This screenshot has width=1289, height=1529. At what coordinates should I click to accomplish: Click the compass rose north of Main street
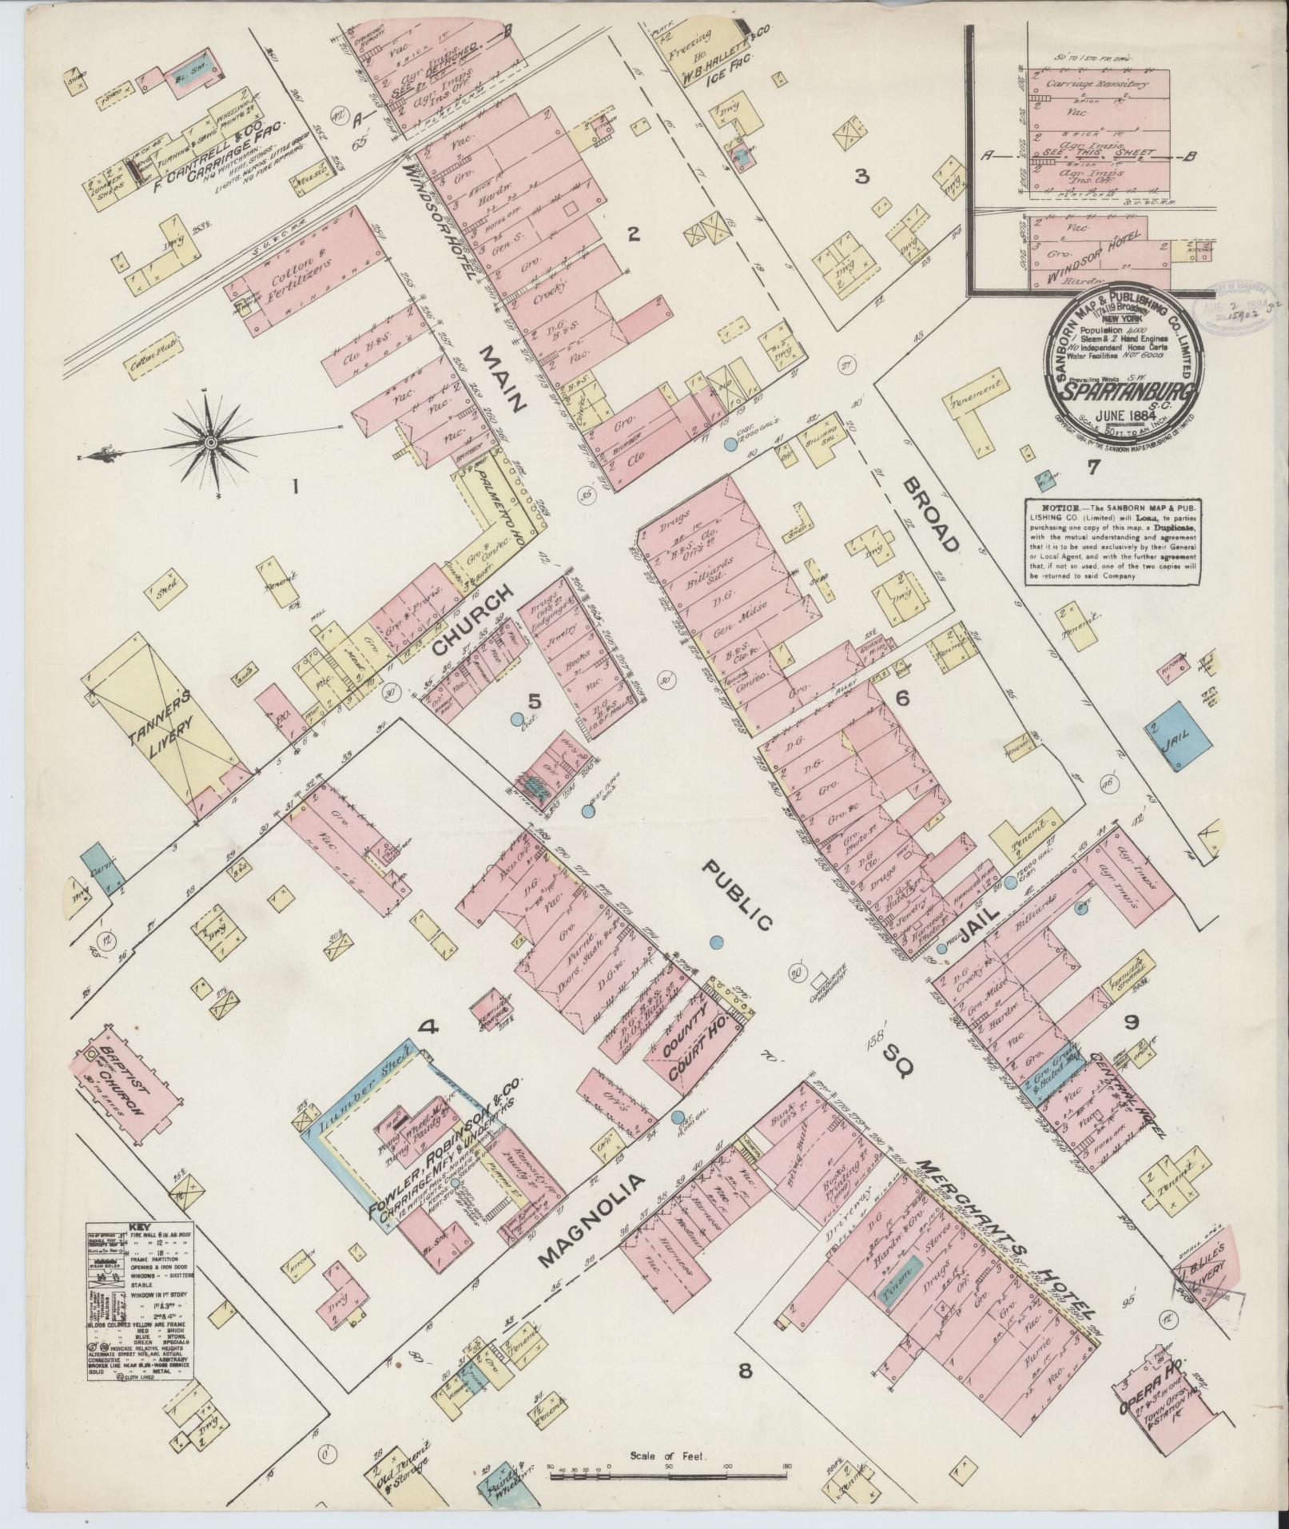[x=210, y=442]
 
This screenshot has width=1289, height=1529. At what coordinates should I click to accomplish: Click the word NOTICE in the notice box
[x=1052, y=508]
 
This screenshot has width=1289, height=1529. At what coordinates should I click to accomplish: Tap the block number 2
[x=634, y=234]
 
